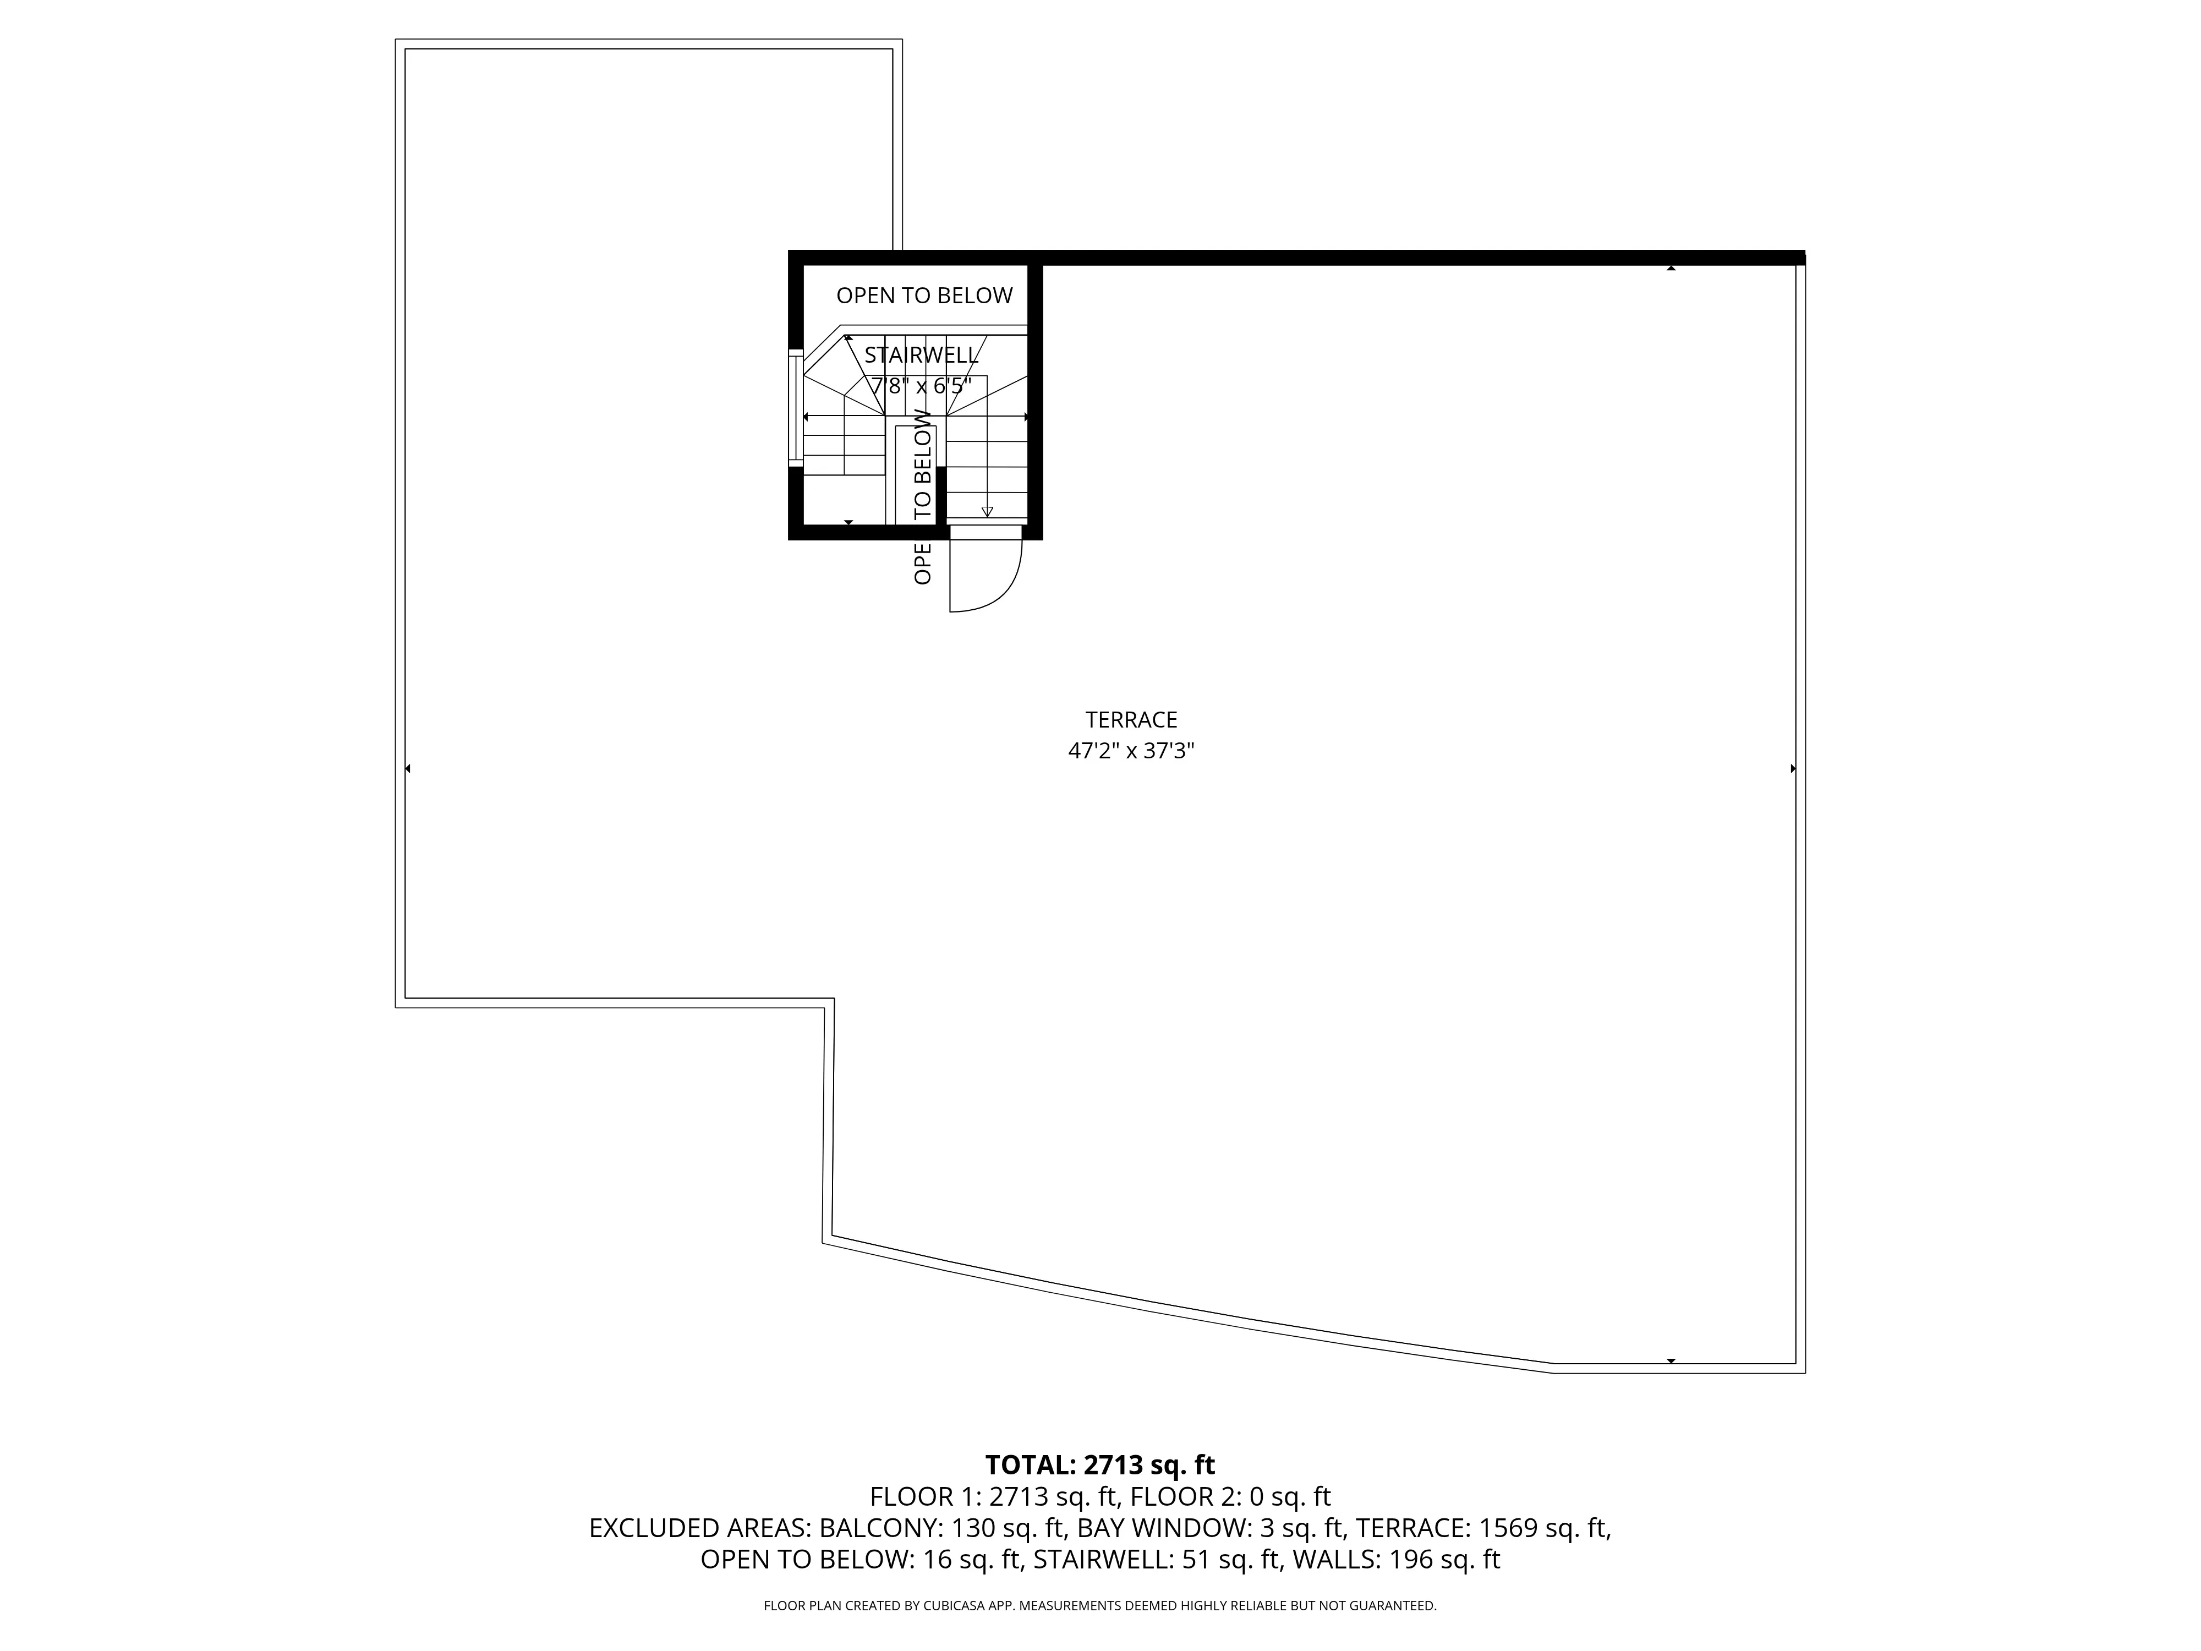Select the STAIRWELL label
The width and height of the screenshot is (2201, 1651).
click(x=922, y=356)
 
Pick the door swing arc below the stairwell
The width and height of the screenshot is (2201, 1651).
click(x=995, y=587)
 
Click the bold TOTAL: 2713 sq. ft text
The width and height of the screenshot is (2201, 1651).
click(x=1099, y=1465)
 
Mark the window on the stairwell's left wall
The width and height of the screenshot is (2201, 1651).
click(x=795, y=407)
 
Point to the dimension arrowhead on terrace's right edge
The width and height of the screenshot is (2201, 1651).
click(x=1793, y=768)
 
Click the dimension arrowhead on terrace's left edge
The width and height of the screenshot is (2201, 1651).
click(x=407, y=768)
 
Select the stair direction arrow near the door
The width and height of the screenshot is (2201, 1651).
click(x=987, y=511)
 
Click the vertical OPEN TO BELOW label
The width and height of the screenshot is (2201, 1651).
click(x=922, y=498)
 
